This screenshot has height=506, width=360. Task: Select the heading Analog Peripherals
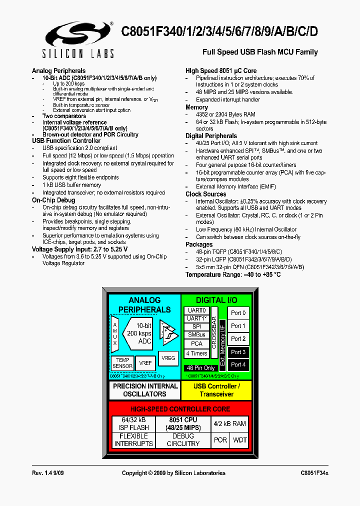pyautogui.click(x=58, y=71)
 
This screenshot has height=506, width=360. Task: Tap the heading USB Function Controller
pyautogui.click(x=66, y=141)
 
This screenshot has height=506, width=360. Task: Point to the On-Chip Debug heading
pyautogui.click(x=53, y=200)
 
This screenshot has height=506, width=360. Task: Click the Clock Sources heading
pyautogui.click(x=205, y=194)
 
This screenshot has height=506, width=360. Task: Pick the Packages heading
pyautogui.click(x=199, y=244)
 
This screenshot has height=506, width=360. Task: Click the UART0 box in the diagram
pyautogui.click(x=196, y=310)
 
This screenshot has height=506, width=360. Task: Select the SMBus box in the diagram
pyautogui.click(x=196, y=334)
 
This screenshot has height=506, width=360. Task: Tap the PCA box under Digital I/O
pyautogui.click(x=196, y=343)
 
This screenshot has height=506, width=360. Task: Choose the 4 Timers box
pyautogui.click(x=196, y=353)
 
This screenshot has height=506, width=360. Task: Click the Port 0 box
pyautogui.click(x=238, y=313)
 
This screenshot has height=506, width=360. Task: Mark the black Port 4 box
pyautogui.click(x=238, y=365)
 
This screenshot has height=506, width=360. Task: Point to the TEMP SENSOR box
pyautogui.click(x=122, y=363)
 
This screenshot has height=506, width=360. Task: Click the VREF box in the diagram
pyautogui.click(x=145, y=363)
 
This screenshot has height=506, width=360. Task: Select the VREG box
pyautogui.click(x=168, y=358)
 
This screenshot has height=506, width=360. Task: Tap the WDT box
pyautogui.click(x=240, y=440)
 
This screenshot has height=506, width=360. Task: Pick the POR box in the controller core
pyautogui.click(x=220, y=440)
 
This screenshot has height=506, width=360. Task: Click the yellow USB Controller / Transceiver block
pyautogui.click(x=217, y=390)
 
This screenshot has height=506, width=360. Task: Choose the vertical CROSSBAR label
pyautogui.click(x=214, y=332)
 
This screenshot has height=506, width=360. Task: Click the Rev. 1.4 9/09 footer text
pyautogui.click(x=48, y=473)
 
